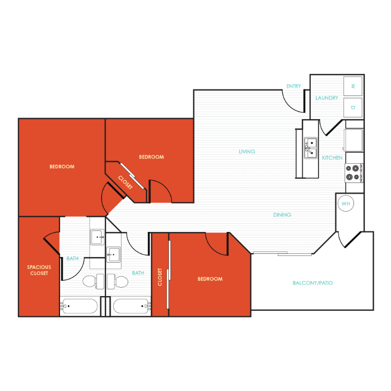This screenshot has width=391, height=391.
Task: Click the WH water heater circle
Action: (x=346, y=203)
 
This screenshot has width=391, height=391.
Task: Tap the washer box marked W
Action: (x=353, y=86)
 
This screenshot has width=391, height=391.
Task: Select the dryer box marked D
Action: (x=353, y=107)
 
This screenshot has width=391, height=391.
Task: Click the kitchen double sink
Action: (x=311, y=148)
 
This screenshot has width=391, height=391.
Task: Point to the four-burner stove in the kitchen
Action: (x=354, y=173)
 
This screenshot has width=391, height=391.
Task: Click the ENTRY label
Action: (x=294, y=86)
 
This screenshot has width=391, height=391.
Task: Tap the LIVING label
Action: (x=247, y=152)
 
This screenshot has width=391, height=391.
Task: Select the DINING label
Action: (x=282, y=215)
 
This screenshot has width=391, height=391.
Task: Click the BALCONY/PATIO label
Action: (x=313, y=283)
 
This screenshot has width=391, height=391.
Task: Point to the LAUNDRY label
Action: (x=327, y=98)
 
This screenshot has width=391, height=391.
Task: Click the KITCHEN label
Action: (x=332, y=157)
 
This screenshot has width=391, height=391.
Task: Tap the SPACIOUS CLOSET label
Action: (x=39, y=270)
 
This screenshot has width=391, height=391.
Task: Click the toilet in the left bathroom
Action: (x=93, y=282)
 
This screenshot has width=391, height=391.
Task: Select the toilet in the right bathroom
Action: (x=117, y=282)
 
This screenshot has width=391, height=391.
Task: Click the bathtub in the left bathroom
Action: (x=79, y=306)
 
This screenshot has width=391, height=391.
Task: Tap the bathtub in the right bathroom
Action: (x=132, y=306)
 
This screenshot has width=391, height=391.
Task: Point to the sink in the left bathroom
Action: (x=97, y=237)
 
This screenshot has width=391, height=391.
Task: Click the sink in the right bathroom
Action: (x=114, y=254)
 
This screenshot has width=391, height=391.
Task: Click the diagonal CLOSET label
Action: (x=125, y=182)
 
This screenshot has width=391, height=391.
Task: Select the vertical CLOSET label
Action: (x=160, y=277)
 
